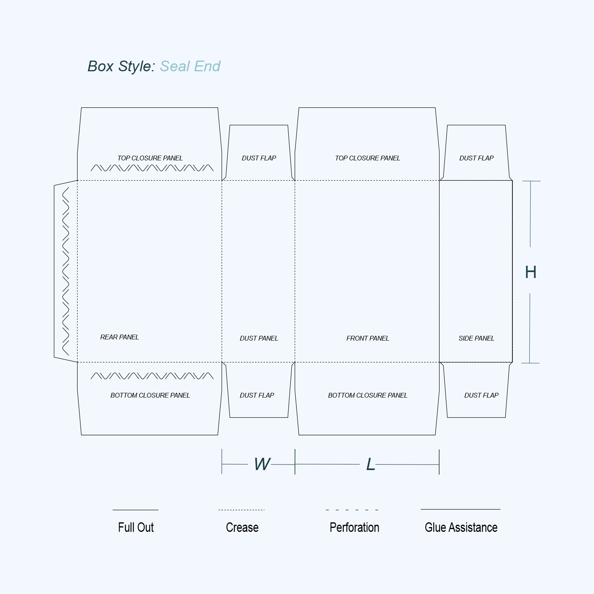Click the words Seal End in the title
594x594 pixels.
(190, 66)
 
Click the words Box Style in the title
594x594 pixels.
(120, 67)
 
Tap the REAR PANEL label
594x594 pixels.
(120, 337)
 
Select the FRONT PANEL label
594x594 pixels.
(367, 338)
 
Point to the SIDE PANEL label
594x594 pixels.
(476, 338)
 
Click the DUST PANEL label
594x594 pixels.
(259, 338)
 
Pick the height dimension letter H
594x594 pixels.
(531, 272)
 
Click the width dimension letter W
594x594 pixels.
(263, 464)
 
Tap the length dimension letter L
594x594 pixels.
(371, 464)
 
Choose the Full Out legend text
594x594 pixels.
(136, 527)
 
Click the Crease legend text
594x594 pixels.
(242, 527)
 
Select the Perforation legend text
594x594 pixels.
(354, 527)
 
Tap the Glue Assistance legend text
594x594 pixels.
(461, 527)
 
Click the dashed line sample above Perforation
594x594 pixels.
(352, 510)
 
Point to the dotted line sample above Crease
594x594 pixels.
(242, 510)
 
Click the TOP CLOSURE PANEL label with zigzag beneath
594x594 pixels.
(150, 158)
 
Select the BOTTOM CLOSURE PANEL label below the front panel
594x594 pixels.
(367, 395)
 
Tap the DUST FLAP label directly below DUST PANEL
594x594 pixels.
(257, 395)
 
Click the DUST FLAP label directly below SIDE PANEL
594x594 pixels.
(481, 395)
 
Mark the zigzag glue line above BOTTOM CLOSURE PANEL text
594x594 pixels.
(152, 376)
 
